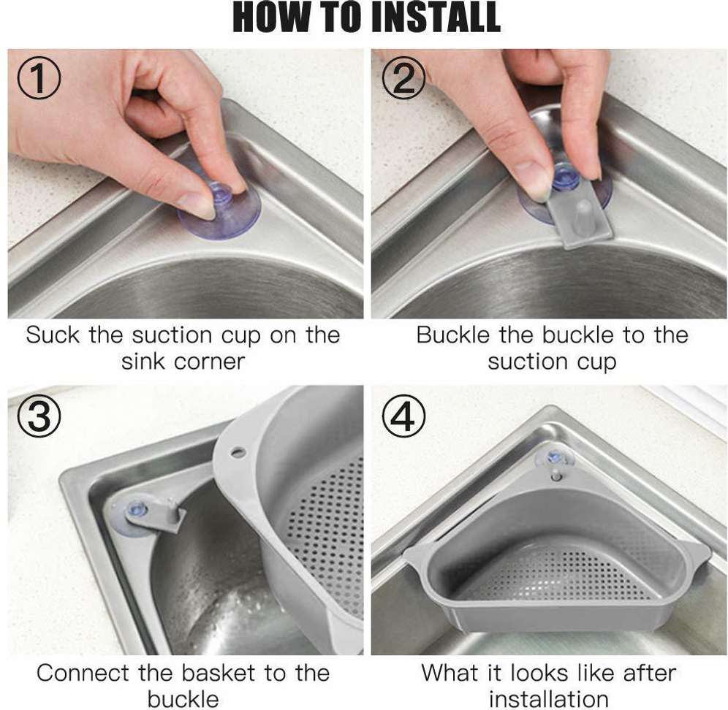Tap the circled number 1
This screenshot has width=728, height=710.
pyautogui.click(x=39, y=80)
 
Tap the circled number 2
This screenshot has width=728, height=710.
pyautogui.click(x=403, y=80)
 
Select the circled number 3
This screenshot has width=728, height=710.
pyautogui.click(x=39, y=416)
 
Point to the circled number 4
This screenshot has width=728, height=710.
pyautogui.click(x=403, y=416)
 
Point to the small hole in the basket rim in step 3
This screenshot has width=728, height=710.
pyautogui.click(x=238, y=451)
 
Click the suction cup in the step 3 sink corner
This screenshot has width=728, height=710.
pyautogui.click(x=135, y=515)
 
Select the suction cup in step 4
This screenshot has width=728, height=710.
pyautogui.click(x=555, y=459)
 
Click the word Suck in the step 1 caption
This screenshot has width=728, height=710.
pyautogui.click(x=53, y=335)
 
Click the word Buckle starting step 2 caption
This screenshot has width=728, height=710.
pyautogui.click(x=452, y=335)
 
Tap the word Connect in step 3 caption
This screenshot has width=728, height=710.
pyautogui.click(x=82, y=673)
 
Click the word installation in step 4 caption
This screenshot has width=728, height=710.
pyautogui.click(x=548, y=699)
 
